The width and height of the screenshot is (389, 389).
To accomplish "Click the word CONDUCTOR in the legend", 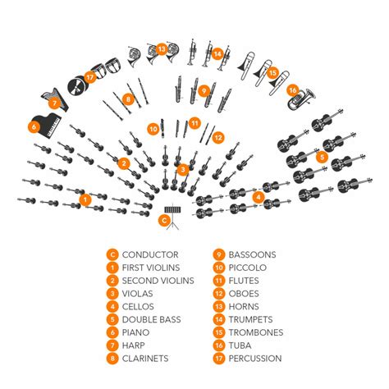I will pos(150,255).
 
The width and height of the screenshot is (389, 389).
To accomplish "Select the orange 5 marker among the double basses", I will pos(323,157).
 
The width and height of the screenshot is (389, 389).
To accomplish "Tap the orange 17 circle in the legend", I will pos(219,359).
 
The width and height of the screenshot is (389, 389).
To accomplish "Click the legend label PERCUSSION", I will pos(255,359).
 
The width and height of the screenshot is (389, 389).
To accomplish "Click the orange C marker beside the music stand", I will pos(164,219).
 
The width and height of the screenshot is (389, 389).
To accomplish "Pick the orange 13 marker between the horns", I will pos(162,49).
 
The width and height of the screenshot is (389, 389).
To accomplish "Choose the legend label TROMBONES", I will pos(256,332).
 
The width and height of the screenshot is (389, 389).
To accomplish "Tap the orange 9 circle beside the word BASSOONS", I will pos(219,255).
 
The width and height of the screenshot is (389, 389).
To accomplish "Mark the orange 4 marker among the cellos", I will pos(259,196).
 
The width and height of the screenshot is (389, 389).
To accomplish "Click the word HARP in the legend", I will pos(136,346).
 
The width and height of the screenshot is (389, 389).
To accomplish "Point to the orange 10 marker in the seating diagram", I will pos(153,127).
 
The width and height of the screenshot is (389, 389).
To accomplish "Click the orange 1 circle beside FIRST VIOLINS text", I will pos(112,268).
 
